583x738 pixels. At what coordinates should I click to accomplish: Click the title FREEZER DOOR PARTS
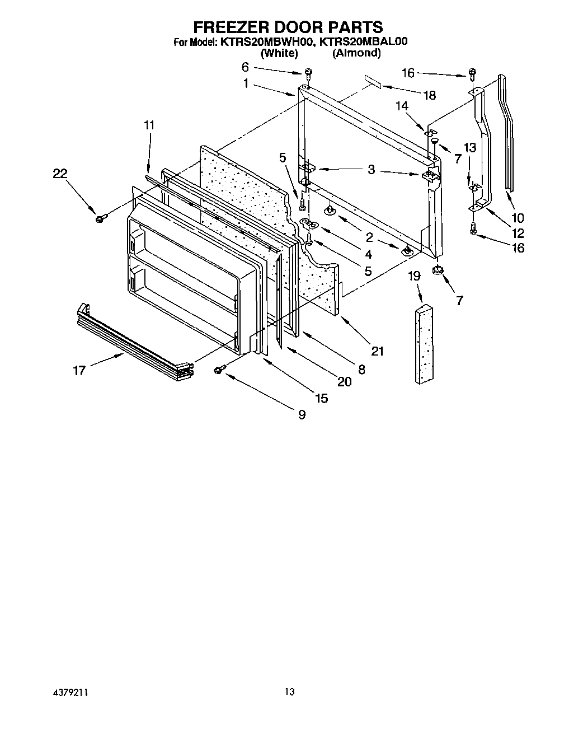pyautogui.click(x=288, y=26)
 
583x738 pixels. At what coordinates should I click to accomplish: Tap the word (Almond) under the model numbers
pyautogui.click(x=356, y=53)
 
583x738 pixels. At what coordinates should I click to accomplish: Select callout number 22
pyautogui.click(x=60, y=174)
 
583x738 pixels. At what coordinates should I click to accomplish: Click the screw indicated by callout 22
pyautogui.click(x=101, y=218)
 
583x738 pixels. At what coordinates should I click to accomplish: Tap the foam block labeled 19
pyautogui.click(x=425, y=345)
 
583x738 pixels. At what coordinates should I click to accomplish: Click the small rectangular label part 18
pyautogui.click(x=373, y=82)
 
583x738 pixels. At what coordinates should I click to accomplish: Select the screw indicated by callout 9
pyautogui.click(x=219, y=368)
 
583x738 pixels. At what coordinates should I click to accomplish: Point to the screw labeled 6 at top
pyautogui.click(x=308, y=73)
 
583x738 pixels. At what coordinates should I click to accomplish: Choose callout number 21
pyautogui.click(x=378, y=351)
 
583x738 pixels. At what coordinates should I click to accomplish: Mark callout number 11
pyautogui.click(x=148, y=125)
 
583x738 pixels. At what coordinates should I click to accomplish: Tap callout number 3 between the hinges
pyautogui.click(x=371, y=170)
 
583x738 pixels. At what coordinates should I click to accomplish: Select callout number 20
pyautogui.click(x=344, y=381)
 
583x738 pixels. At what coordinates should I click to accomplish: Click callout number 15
pyautogui.click(x=321, y=398)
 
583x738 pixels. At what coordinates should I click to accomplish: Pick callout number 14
pyautogui.click(x=402, y=105)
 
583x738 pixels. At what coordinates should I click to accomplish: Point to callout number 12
pyautogui.click(x=518, y=233)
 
